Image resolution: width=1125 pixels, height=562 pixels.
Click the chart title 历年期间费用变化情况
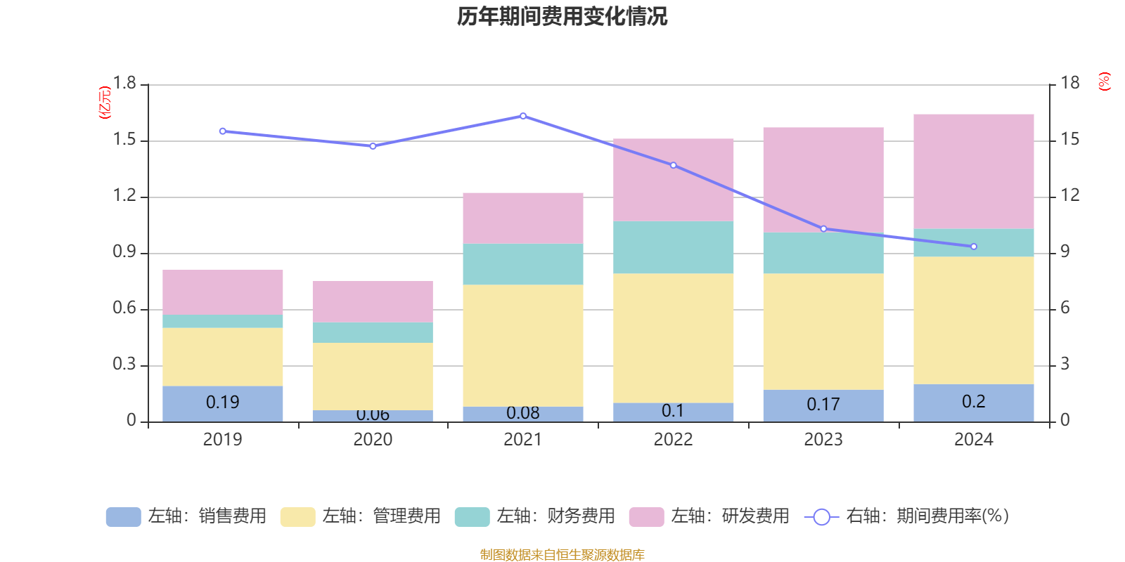click(562, 16)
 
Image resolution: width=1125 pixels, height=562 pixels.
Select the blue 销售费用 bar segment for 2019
click(222, 403)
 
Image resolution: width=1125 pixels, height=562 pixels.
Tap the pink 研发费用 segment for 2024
click(973, 171)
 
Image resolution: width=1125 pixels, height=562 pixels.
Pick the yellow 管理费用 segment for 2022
click(673, 338)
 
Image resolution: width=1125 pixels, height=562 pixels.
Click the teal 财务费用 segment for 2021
click(522, 264)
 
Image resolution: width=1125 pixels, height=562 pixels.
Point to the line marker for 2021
click(523, 116)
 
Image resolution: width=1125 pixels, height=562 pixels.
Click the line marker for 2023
click(823, 228)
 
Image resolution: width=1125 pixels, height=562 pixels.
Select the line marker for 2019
click(222, 131)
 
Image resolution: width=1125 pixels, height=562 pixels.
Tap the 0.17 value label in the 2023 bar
click(823, 405)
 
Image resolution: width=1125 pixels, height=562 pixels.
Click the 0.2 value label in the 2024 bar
click(973, 402)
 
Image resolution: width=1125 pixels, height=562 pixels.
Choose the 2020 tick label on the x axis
click(373, 440)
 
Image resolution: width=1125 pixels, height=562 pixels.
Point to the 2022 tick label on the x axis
click(673, 440)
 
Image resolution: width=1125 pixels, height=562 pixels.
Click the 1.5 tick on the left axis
click(124, 140)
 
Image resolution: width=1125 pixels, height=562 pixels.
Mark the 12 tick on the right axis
click(1069, 195)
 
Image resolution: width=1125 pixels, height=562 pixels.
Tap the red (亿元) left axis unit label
click(105, 103)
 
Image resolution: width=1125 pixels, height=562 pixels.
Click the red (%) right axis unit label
click(1104, 81)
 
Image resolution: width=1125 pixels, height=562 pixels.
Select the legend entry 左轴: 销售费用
click(186, 516)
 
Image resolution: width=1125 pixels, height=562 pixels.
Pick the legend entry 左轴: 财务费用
click(535, 516)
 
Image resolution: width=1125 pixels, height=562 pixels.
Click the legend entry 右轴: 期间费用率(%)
click(907, 516)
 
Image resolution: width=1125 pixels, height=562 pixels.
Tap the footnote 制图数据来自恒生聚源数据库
click(562, 555)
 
